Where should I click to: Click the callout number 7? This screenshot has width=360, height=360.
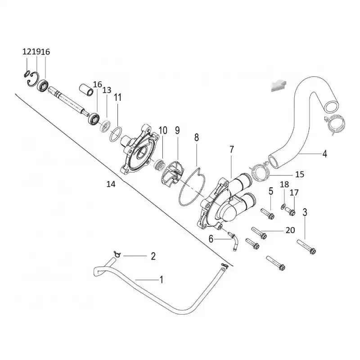tap(231, 150)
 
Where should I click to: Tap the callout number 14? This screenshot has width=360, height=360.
tap(111, 184)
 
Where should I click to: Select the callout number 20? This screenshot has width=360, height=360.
tap(290, 230)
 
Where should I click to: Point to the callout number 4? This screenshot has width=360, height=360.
tap(324, 153)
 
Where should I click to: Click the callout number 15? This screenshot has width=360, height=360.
tap(300, 175)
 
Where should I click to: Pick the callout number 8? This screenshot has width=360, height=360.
tap(197, 138)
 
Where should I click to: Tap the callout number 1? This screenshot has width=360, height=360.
tap(162, 279)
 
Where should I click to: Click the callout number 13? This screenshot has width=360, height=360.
tap(107, 90)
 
